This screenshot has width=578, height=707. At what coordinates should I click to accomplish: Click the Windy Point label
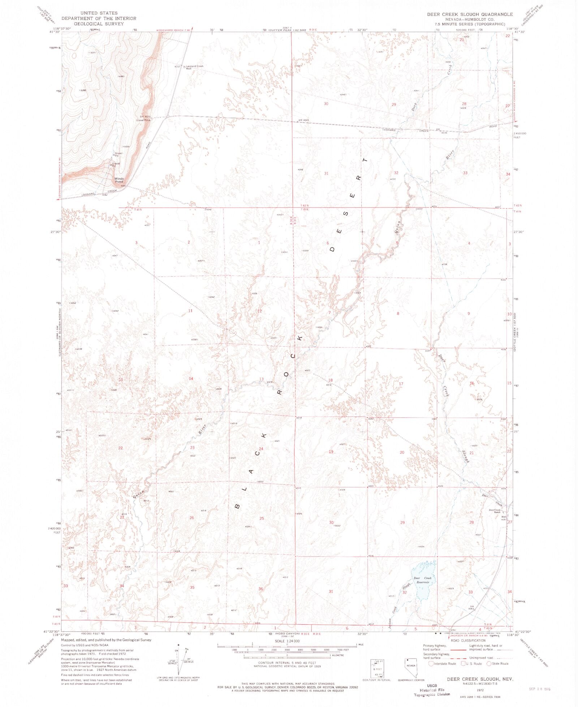click(119, 180)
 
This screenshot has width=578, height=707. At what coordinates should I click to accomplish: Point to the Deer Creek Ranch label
click(495, 511)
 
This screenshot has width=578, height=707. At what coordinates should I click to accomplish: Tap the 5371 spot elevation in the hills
click(92, 53)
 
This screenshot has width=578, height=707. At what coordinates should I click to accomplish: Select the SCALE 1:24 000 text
click(287, 641)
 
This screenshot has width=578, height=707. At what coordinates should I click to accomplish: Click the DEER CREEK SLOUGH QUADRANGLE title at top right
click(470, 14)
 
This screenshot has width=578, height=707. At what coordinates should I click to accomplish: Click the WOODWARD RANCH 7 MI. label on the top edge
click(173, 30)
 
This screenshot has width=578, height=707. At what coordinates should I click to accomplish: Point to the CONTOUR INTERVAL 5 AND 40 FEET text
click(286, 663)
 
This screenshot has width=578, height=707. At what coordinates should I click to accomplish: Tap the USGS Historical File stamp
click(432, 689)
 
